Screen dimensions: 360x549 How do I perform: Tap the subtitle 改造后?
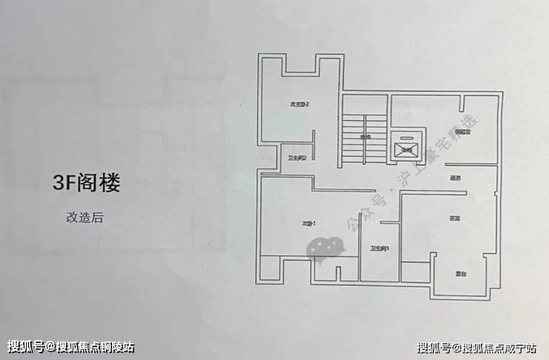tap(86, 218)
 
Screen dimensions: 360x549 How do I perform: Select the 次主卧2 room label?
tap(299, 105)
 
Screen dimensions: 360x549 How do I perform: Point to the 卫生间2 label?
tap(297, 157)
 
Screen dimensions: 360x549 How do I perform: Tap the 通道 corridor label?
tap(455, 178)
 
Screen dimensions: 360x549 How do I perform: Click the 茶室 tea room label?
tap(455, 218)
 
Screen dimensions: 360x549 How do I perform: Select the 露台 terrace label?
tap(459, 274)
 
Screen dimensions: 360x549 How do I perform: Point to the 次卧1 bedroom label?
tap(309, 223)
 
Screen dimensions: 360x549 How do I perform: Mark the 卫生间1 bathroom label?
tap(380, 248)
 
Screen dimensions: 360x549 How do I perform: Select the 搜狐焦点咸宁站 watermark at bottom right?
tap(479, 347)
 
